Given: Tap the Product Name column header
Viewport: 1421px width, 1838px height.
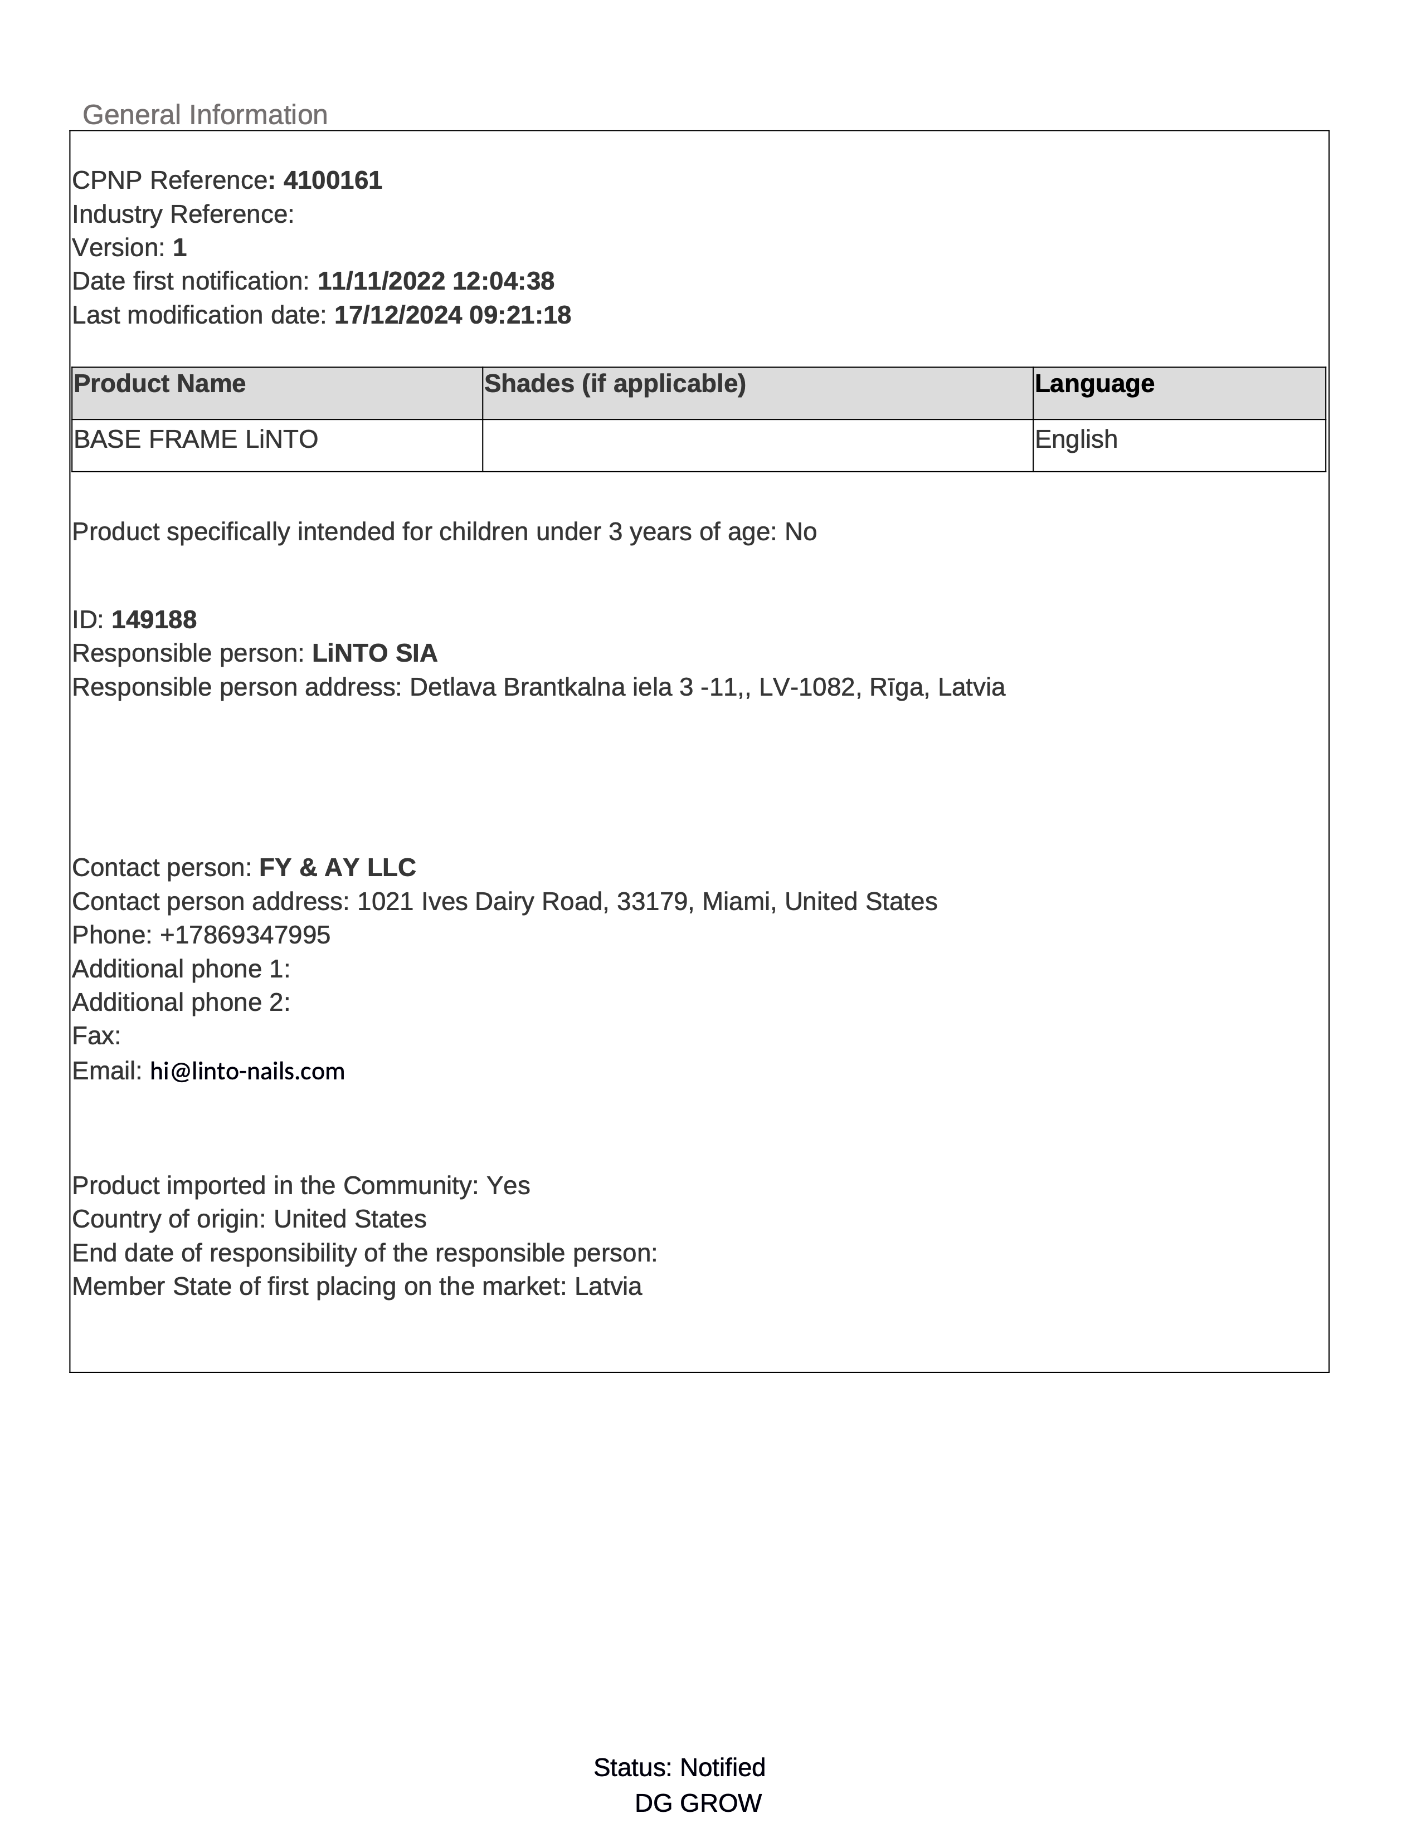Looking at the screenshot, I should [x=160, y=384].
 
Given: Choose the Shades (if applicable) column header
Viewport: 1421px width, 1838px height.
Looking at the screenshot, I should [x=615, y=384].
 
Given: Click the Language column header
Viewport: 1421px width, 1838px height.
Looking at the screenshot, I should [x=1094, y=384].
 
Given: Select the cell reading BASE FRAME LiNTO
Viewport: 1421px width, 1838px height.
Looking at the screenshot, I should [x=196, y=439].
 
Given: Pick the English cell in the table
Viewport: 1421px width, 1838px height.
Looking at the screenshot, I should [x=1076, y=439].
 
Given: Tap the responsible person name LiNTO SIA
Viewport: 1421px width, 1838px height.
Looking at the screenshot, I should [x=374, y=653].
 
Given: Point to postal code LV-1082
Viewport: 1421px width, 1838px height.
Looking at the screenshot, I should [x=806, y=687].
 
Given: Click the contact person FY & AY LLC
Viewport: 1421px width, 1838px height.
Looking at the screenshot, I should [x=338, y=868].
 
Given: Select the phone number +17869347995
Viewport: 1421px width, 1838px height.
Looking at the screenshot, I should [x=245, y=935].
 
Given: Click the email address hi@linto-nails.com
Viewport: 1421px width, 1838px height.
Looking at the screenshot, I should [x=247, y=1071].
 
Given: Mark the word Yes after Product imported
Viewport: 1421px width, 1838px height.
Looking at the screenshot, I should [x=508, y=1186].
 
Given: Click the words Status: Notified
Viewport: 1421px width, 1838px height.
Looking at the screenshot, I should [x=679, y=1767].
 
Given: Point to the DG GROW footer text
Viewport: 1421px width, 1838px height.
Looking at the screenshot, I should [x=698, y=1803].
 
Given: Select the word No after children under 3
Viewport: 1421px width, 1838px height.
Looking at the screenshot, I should [x=801, y=532].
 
